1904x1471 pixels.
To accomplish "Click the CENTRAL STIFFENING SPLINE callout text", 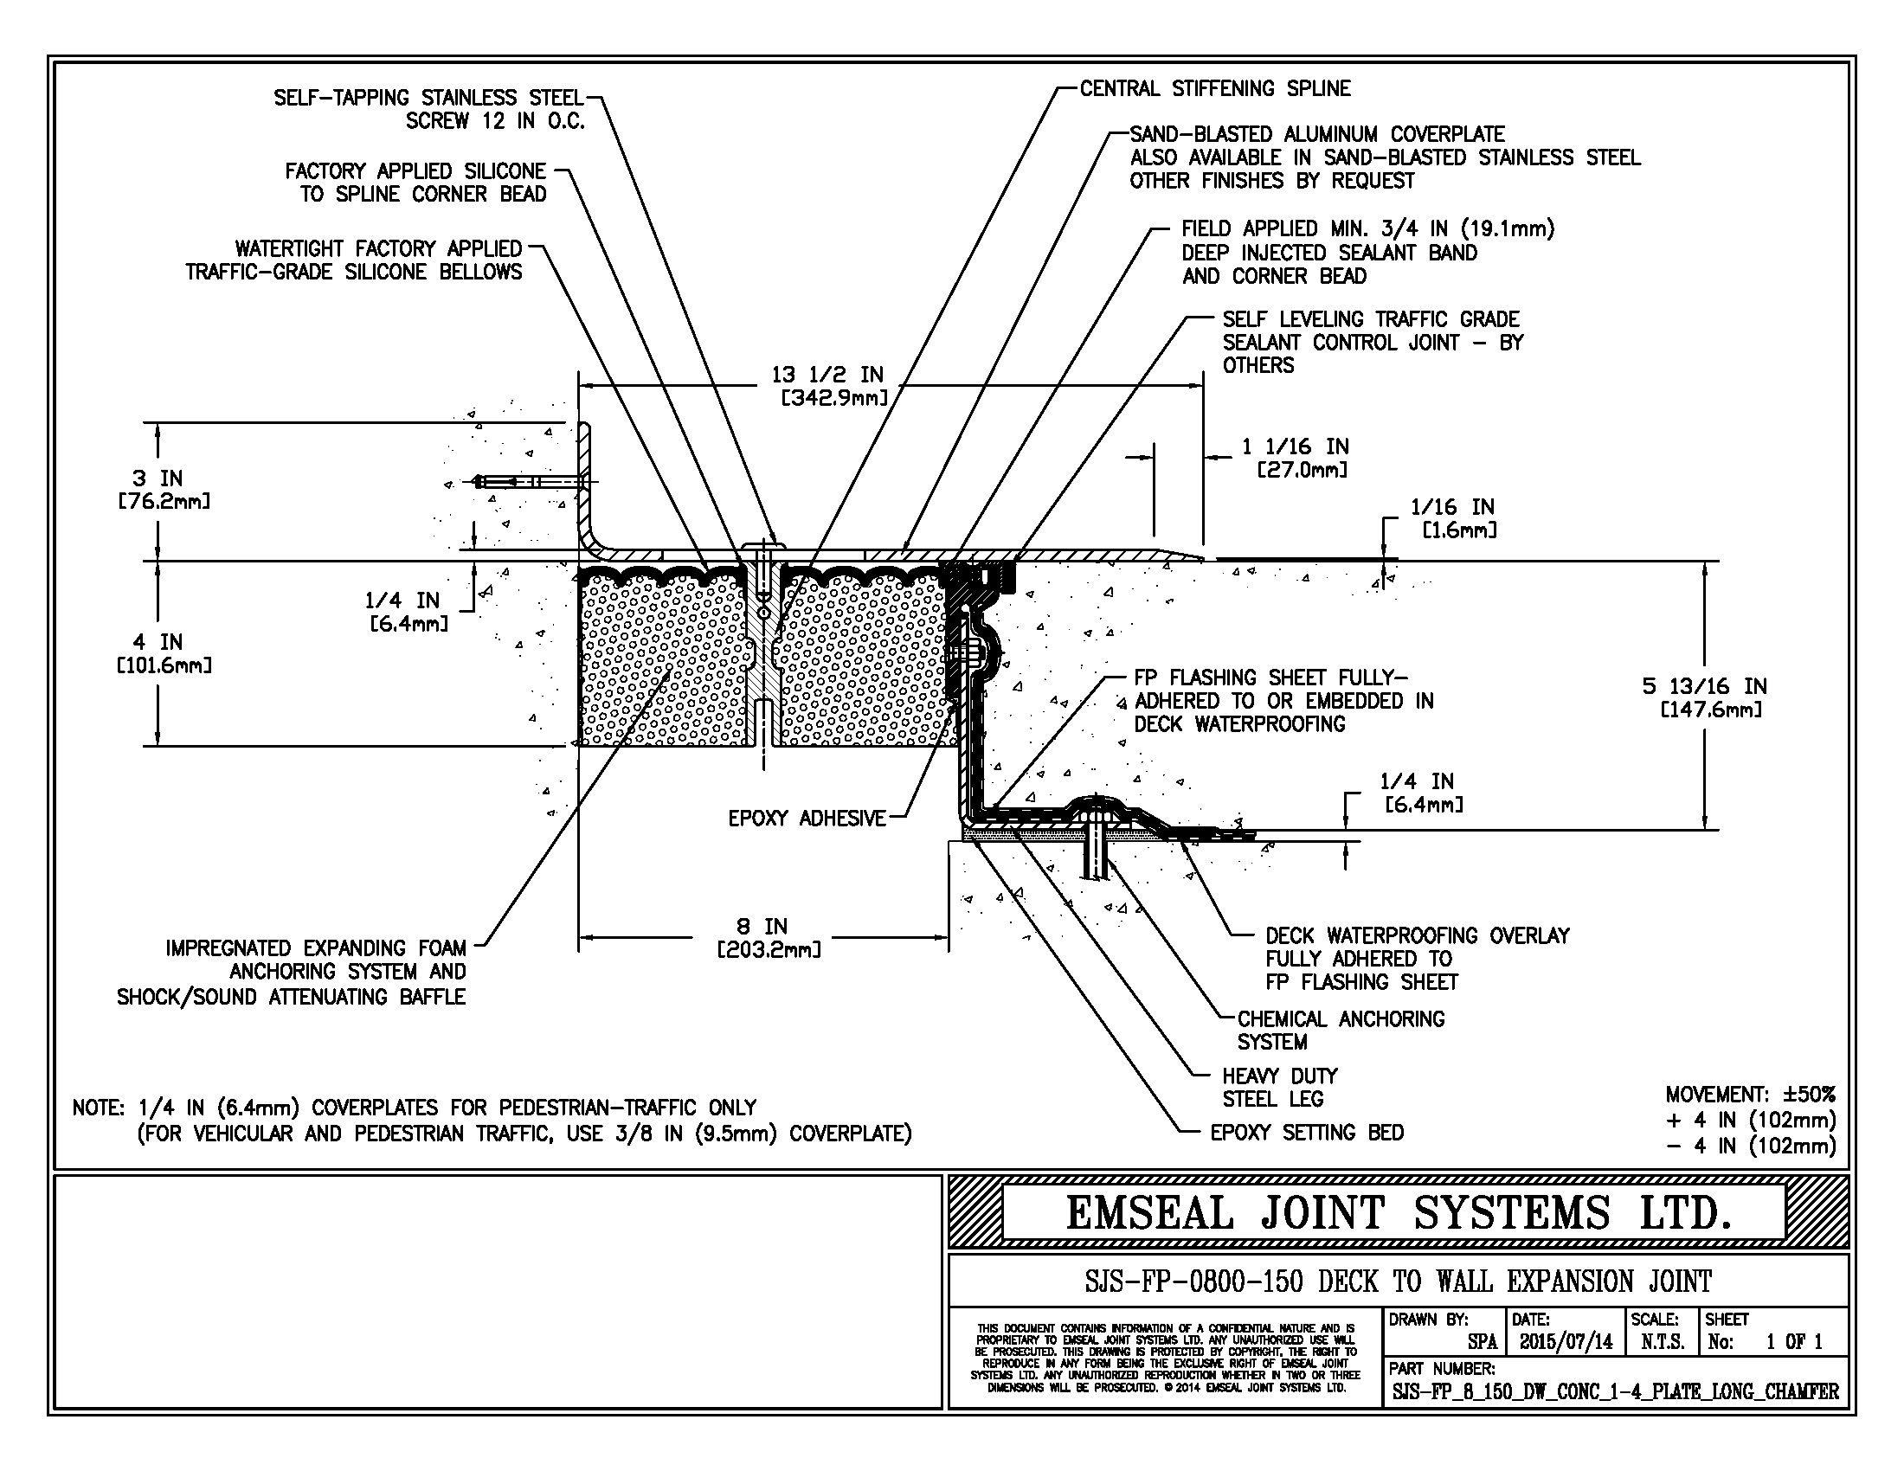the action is [1214, 88].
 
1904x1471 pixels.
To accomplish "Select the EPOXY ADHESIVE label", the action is [807, 819].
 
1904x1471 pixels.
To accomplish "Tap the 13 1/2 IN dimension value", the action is [827, 375].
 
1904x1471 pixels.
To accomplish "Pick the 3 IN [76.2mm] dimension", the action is [163, 489].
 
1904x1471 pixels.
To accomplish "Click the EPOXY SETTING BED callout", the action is [1307, 1132].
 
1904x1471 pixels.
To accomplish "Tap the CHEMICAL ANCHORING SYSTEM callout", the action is [1341, 1030].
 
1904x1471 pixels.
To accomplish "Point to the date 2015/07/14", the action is [1566, 1341].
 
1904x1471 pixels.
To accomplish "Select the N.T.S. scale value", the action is [1663, 1342].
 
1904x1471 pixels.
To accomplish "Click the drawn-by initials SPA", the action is [1482, 1342].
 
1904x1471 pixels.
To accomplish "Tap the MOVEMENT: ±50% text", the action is [1751, 1094].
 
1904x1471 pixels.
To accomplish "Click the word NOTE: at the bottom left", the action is [99, 1108].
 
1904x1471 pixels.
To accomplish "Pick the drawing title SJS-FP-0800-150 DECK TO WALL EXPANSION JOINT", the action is [1398, 1281].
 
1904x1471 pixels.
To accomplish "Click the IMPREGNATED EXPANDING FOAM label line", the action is [316, 947].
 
